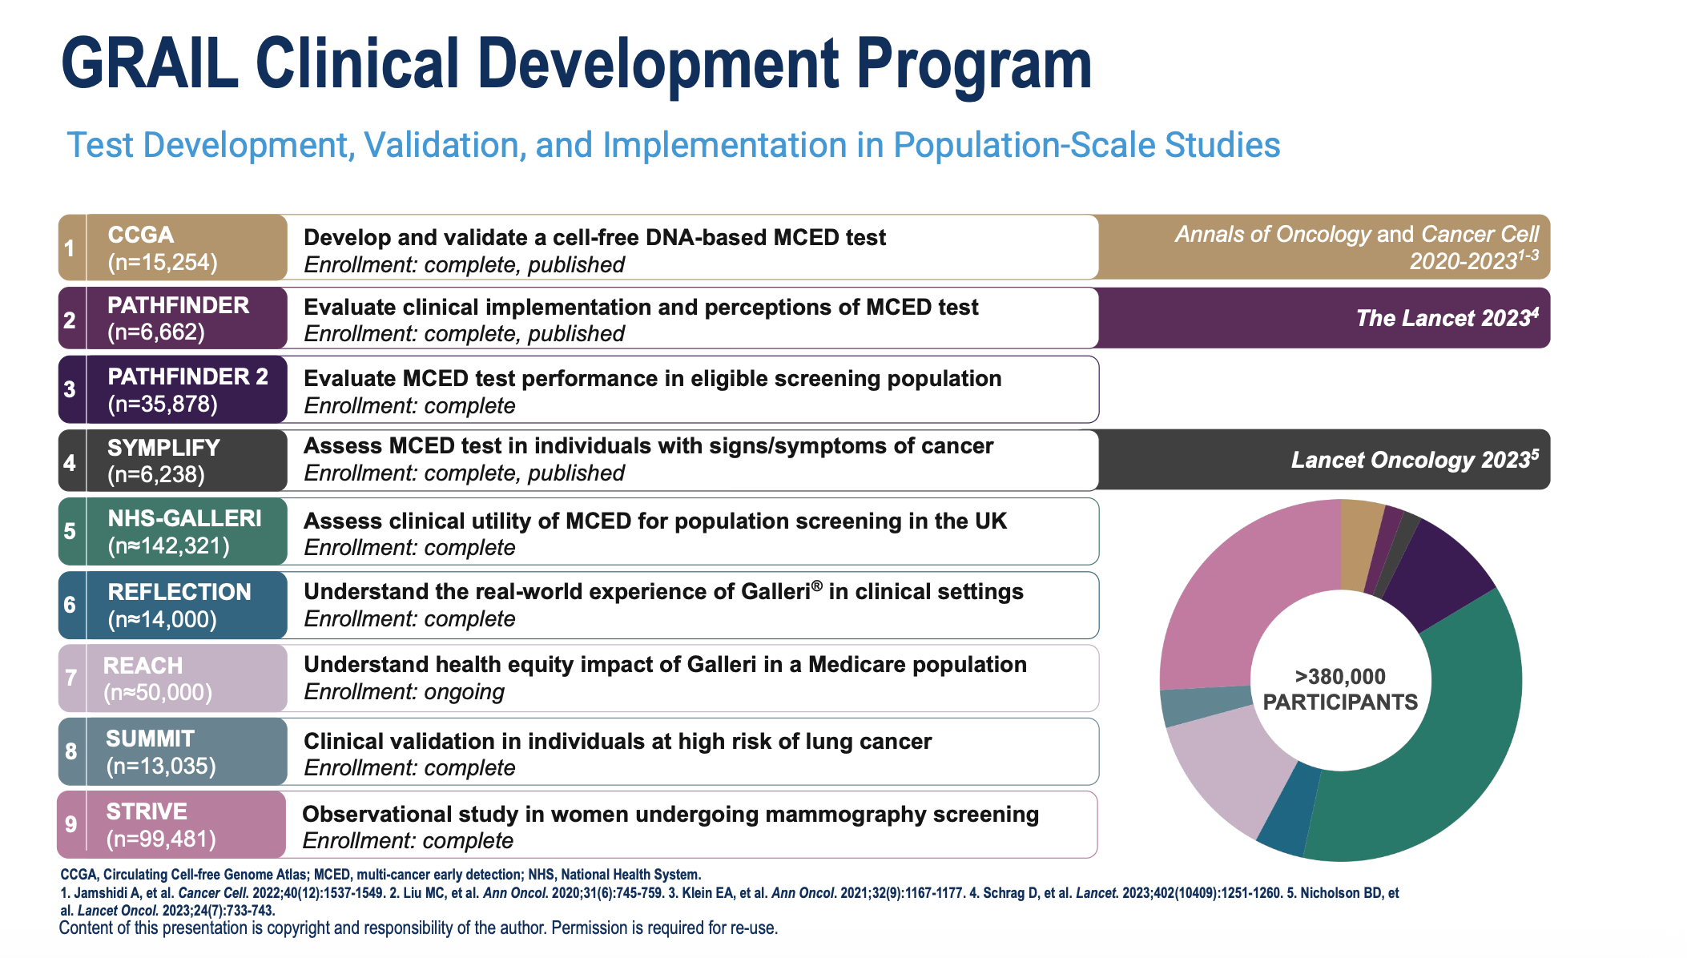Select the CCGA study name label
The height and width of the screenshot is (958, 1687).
(141, 235)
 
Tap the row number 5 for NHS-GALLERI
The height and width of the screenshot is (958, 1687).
(70, 531)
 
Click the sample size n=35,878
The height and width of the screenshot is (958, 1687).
(163, 404)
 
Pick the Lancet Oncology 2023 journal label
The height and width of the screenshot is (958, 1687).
(1414, 460)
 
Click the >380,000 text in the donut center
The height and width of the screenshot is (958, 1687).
(1340, 677)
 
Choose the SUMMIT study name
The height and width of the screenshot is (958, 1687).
(150, 739)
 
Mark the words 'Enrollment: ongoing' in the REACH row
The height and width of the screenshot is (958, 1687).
(404, 692)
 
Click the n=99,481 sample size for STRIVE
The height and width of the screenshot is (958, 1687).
(161, 839)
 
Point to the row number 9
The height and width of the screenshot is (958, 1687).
(71, 824)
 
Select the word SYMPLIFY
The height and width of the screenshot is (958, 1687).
(163, 448)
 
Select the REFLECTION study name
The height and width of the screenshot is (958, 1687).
(179, 592)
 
